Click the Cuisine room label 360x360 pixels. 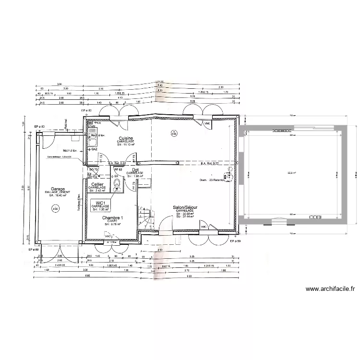[x=126, y=138]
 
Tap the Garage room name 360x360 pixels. [x=58, y=189]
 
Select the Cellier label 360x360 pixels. [x=97, y=184]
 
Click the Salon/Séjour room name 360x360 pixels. [x=186, y=208]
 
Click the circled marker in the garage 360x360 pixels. [x=56, y=208]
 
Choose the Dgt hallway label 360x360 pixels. [x=135, y=169]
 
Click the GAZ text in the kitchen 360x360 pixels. [x=95, y=149]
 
